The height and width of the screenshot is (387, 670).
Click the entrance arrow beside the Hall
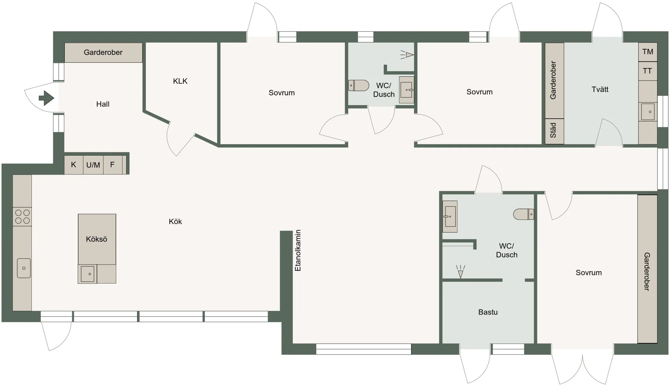click(x=47, y=98)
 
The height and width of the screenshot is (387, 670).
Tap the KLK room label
click(x=180, y=81)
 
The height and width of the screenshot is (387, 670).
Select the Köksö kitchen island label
click(x=96, y=239)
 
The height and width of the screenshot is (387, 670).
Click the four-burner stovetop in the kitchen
click(x=22, y=217)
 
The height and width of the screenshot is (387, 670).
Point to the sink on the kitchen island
click(x=87, y=274)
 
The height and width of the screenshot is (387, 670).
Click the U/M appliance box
click(x=93, y=165)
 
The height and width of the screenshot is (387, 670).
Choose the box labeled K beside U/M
click(x=74, y=165)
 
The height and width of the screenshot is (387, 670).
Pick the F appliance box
click(x=113, y=165)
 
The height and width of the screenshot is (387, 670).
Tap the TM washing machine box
click(x=648, y=52)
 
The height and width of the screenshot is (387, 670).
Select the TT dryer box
click(x=648, y=71)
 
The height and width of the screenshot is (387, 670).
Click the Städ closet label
click(x=553, y=130)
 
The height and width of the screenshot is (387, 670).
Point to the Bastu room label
click(x=488, y=312)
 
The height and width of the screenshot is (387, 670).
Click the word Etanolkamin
click(x=298, y=250)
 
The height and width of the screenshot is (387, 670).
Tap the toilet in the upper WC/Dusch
click(x=359, y=85)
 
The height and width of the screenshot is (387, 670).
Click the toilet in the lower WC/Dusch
click(x=524, y=214)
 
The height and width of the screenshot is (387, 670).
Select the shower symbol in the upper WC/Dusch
click(x=407, y=55)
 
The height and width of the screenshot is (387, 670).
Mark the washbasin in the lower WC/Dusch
click(x=450, y=217)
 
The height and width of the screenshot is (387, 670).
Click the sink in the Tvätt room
click(x=648, y=112)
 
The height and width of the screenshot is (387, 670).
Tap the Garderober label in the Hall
click(x=103, y=52)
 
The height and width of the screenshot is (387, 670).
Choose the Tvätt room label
click(x=600, y=89)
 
